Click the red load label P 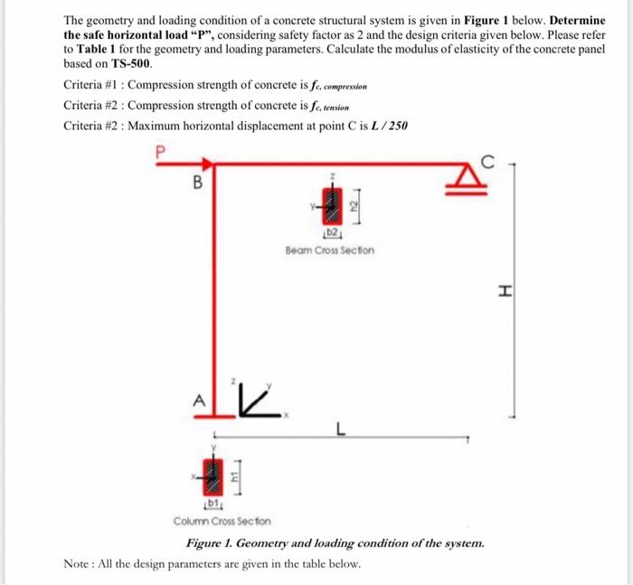[x=160, y=152]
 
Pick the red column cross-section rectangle [x=214, y=471]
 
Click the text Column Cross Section [x=222, y=521]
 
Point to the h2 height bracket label [x=356, y=207]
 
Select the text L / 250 [x=388, y=125]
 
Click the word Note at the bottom [x=78, y=563]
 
